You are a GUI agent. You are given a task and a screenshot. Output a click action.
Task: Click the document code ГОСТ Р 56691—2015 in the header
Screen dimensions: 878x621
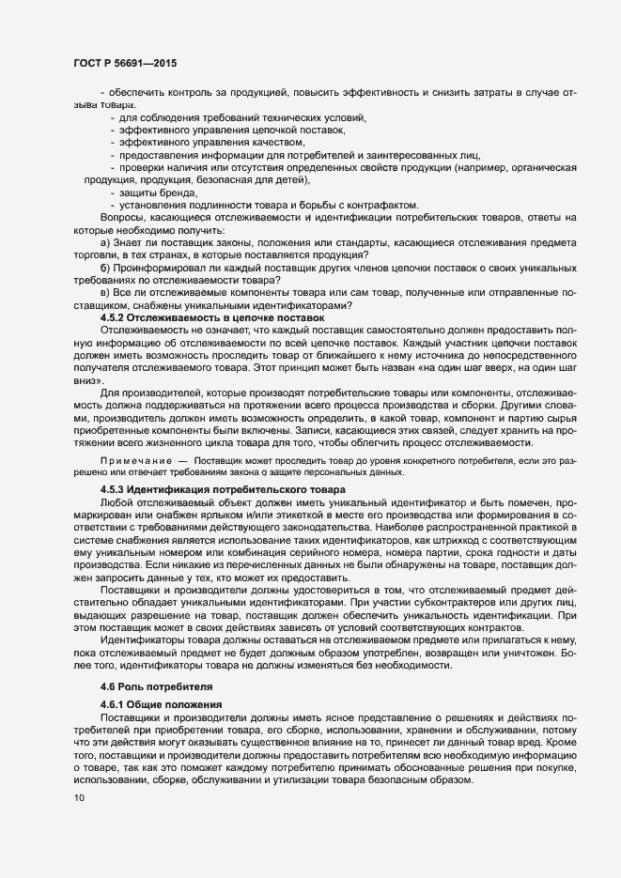[124, 62]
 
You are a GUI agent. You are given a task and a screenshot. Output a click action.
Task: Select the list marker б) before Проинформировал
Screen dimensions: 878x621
[105, 268]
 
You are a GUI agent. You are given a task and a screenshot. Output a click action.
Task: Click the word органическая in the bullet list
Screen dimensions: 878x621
[530, 167]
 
